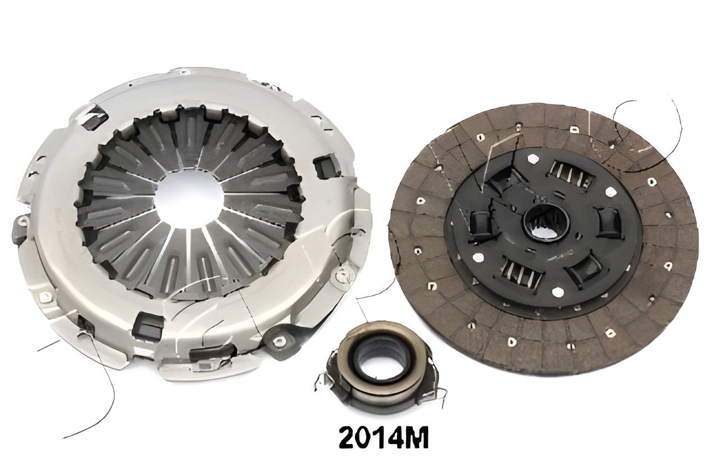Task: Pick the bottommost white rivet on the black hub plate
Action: [557, 291]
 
